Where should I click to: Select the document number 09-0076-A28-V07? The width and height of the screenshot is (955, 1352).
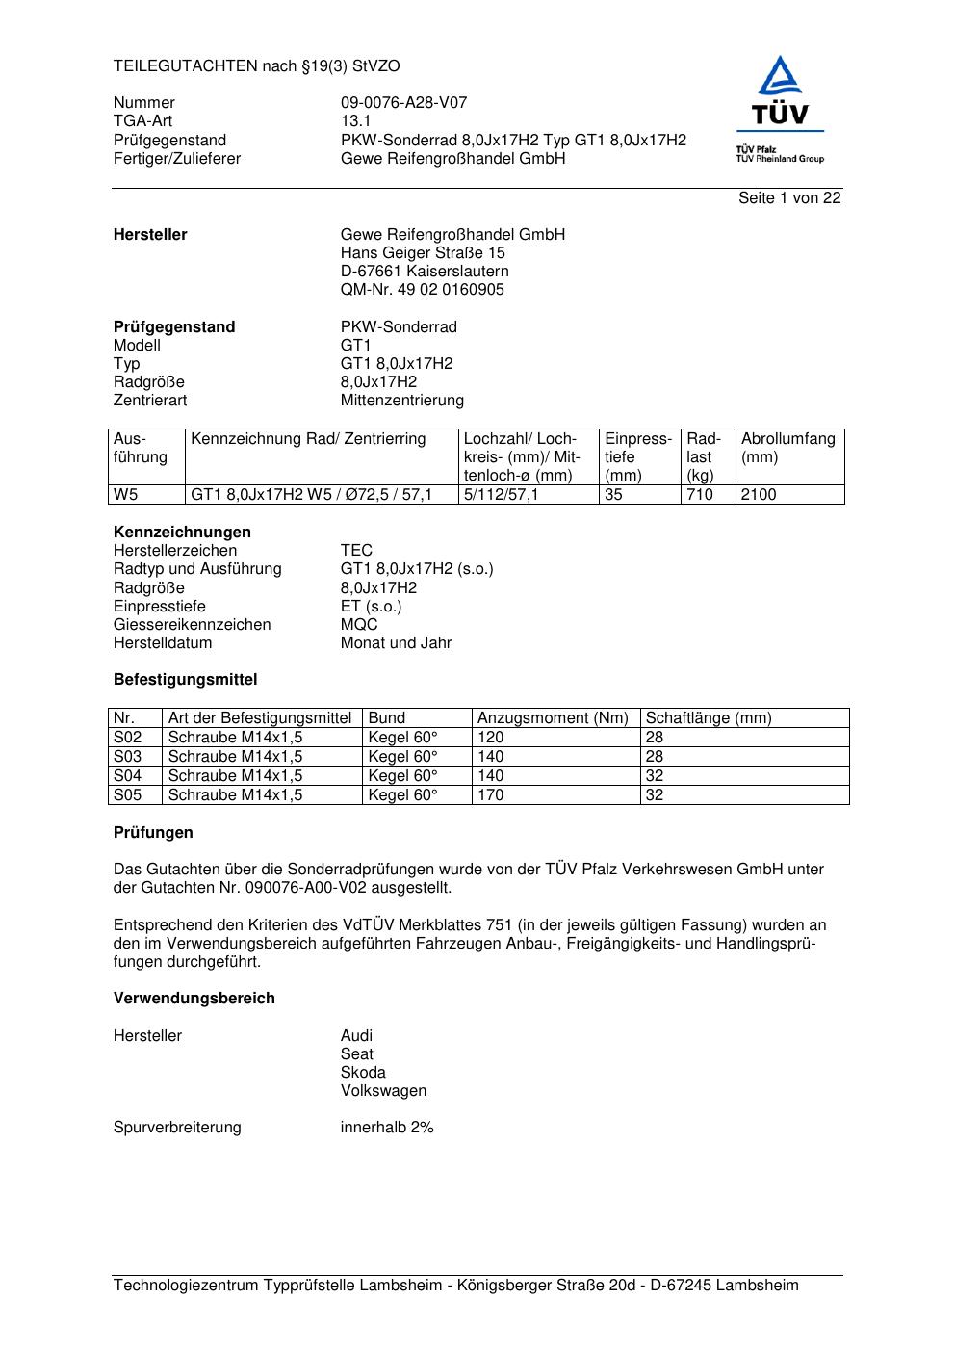(403, 103)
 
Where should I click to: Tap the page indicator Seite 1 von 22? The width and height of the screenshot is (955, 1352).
(788, 198)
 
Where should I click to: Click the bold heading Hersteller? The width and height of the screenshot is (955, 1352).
(150, 235)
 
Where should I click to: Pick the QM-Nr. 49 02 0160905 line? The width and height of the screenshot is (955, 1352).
(422, 290)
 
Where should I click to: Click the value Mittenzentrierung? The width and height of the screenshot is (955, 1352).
(401, 401)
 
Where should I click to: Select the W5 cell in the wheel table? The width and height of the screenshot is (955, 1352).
(126, 495)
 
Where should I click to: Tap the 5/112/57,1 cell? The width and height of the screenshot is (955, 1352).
(501, 495)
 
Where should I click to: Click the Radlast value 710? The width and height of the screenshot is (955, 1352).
(700, 495)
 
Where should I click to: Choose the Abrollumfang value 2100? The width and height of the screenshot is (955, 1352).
(759, 495)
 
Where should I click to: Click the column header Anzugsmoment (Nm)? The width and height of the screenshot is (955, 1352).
(553, 718)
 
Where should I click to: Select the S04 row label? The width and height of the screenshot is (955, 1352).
(128, 776)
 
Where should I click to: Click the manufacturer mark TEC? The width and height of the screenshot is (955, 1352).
(356, 551)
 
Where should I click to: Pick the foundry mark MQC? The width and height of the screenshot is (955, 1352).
(359, 625)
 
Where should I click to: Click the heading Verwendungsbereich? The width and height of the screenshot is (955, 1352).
(194, 999)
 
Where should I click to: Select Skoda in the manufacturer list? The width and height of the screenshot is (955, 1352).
(363, 1073)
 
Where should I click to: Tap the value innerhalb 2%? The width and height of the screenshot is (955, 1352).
(387, 1128)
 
